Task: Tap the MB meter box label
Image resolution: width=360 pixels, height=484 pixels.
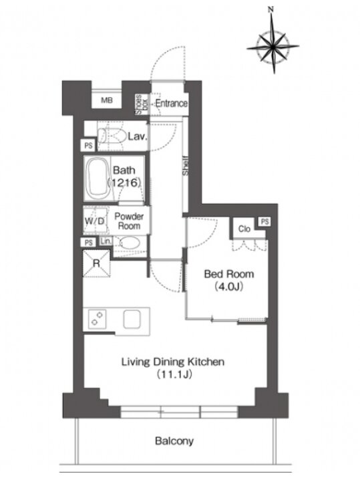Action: click(x=107, y=100)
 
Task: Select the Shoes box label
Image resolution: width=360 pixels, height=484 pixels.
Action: click(x=142, y=105)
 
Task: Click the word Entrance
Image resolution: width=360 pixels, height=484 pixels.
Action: click(x=171, y=103)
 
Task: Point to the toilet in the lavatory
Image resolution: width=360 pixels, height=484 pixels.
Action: click(x=111, y=136)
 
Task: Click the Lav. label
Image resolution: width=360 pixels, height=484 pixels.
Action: click(x=137, y=136)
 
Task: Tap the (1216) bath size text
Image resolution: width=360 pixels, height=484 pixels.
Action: click(x=124, y=183)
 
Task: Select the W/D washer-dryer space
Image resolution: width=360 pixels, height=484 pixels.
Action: click(x=95, y=221)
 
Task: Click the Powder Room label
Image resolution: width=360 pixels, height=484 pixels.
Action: click(x=129, y=221)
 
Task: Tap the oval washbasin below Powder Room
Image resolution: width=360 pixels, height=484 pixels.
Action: click(x=130, y=243)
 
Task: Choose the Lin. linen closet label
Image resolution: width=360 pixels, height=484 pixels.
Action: click(x=106, y=241)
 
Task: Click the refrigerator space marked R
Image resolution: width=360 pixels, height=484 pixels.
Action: click(x=97, y=263)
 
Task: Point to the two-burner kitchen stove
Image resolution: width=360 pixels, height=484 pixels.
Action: click(x=97, y=319)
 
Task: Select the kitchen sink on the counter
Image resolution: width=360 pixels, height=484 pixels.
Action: click(x=132, y=319)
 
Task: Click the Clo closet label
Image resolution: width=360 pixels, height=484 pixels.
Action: click(x=244, y=229)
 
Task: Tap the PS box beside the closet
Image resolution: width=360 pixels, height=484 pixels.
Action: click(x=264, y=222)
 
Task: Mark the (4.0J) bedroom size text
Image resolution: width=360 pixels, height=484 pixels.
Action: click(x=229, y=287)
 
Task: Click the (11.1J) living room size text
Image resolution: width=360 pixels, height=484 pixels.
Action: click(x=174, y=374)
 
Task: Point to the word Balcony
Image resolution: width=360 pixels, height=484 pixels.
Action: click(x=174, y=441)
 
